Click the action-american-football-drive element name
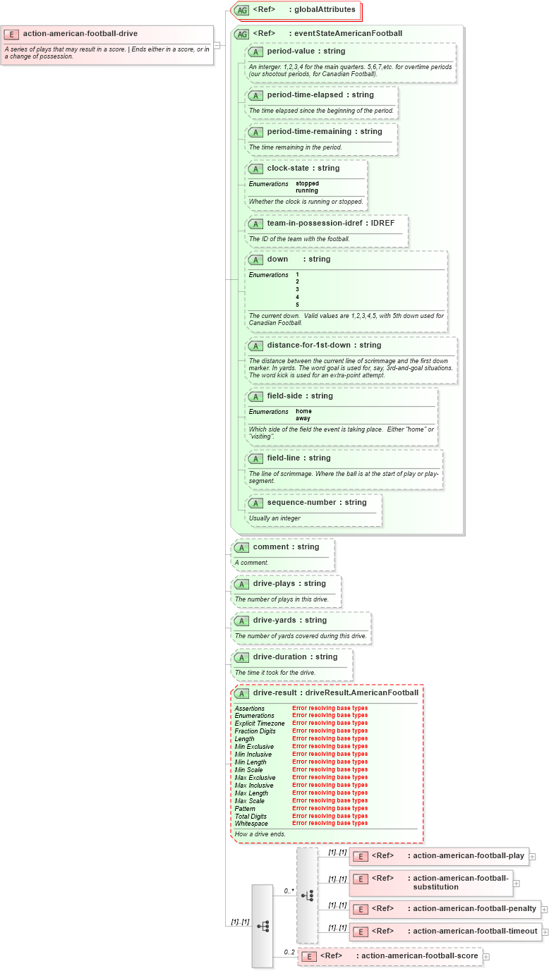click(80, 33)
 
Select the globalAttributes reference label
click(325, 10)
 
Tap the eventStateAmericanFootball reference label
click(348, 33)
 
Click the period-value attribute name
click(295, 51)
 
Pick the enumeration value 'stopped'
click(307, 183)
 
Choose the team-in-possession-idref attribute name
click(315, 223)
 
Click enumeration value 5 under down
click(298, 305)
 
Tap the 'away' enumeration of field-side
click(303, 418)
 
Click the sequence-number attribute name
click(303, 503)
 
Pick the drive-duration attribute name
click(280, 657)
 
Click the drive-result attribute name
click(274, 693)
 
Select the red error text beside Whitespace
click(330, 824)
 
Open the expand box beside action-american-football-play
click(532, 857)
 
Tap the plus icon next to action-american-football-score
click(485, 957)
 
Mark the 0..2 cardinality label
click(289, 952)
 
